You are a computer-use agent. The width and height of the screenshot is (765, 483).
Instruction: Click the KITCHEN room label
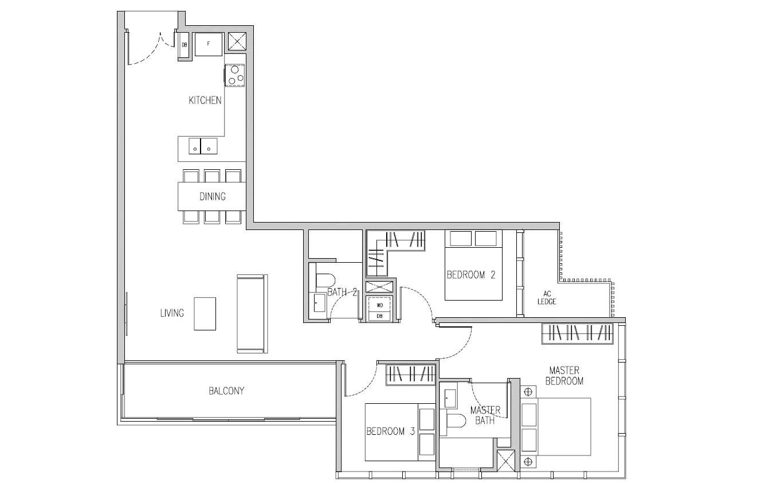point(205,100)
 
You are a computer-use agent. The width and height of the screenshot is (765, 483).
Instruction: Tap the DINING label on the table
point(213,197)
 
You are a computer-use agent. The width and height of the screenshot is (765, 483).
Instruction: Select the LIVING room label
point(172,313)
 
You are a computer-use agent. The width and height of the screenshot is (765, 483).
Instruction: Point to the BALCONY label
point(226,391)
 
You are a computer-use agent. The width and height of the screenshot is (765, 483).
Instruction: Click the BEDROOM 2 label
point(471,275)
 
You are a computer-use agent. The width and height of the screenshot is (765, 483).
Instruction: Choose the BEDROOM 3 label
point(390,431)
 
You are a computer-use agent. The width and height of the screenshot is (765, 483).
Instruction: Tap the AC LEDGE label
point(547,298)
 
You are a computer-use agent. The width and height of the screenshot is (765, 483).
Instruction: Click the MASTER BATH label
point(485,415)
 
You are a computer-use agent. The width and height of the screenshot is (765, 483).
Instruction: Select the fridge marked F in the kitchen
point(209,44)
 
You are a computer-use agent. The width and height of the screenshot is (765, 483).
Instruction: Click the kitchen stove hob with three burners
point(234,75)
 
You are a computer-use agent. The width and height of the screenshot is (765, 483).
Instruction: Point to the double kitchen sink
point(203,146)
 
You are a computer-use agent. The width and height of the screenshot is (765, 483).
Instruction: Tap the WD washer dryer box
point(379,305)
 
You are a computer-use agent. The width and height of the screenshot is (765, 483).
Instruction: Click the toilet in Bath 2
point(325,281)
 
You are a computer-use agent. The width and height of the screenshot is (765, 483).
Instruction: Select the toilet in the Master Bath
point(456,421)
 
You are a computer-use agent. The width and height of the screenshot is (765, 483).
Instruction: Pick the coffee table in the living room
point(205,314)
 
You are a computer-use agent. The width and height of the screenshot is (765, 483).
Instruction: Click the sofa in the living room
point(252,314)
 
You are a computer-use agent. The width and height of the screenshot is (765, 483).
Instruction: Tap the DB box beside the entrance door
point(185,45)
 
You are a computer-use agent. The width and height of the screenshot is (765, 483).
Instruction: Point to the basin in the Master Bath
point(450,399)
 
